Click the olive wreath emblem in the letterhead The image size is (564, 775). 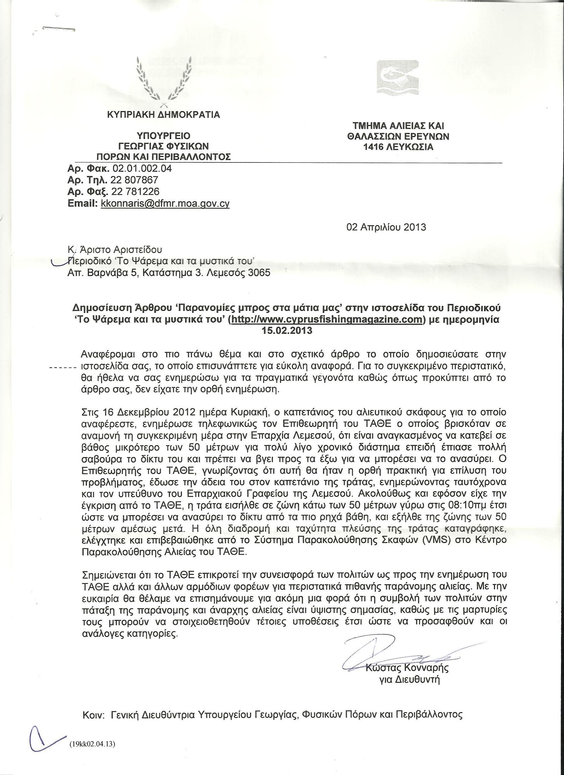coord(164,80)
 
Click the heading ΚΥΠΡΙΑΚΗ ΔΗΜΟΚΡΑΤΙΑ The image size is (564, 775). coord(164,114)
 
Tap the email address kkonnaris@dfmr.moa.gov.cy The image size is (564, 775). coord(165,204)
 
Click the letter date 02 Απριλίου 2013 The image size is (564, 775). coord(386,227)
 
